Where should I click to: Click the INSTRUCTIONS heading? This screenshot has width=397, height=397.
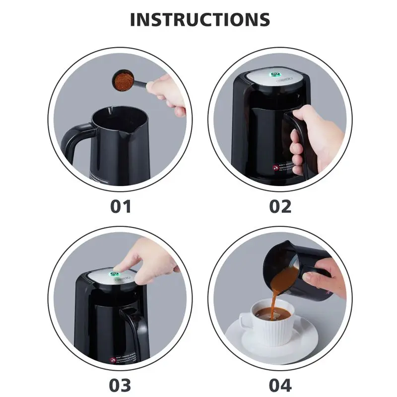click(x=200, y=19)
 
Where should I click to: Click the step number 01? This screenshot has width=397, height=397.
click(x=121, y=206)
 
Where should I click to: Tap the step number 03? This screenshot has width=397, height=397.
click(x=121, y=385)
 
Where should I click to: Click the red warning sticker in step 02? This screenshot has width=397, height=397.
click(x=274, y=168)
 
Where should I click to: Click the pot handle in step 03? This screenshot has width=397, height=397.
click(x=133, y=328)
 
